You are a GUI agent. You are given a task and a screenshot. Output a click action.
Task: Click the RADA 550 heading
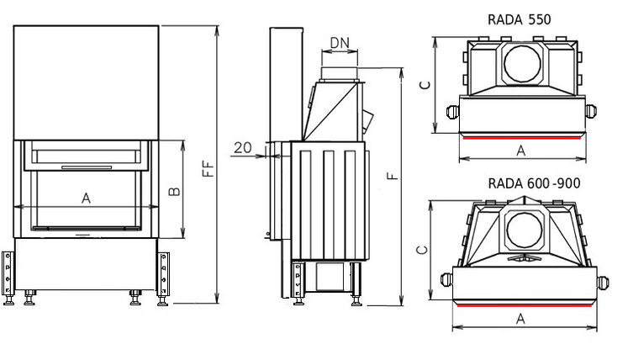tap(520, 19)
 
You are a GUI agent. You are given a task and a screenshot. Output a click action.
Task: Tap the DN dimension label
tap(340, 43)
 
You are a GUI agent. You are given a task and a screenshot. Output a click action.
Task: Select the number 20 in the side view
tap(242, 147)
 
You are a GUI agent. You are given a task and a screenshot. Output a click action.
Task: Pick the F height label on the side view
tap(392, 176)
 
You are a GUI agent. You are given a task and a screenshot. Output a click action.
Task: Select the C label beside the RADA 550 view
tap(425, 84)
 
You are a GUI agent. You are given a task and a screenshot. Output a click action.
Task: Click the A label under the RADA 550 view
tap(520, 151)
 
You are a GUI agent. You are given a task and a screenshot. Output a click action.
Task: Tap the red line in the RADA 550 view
tap(521, 135)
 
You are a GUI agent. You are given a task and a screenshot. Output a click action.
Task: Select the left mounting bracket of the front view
tap(9, 273)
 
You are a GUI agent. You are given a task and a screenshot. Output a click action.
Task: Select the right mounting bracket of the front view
tap(163, 273)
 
